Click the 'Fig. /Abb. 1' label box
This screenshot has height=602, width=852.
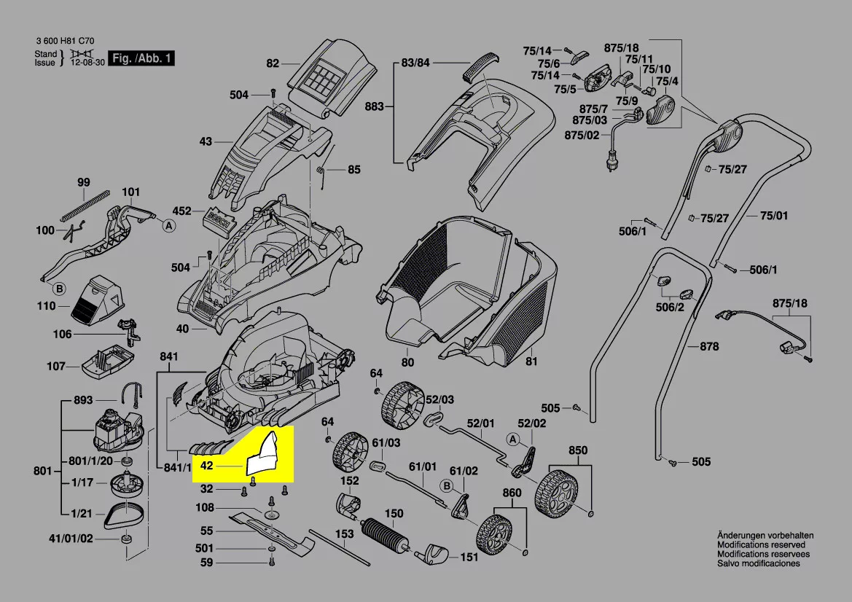141,58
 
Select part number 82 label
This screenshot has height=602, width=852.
273,63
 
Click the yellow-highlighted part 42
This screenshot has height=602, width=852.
265,456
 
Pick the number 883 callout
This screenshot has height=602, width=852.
374,106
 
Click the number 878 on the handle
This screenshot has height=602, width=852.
709,347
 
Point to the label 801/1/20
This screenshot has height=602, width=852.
90,461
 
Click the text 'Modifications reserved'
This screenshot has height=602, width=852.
761,544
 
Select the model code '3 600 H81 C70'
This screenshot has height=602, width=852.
64,42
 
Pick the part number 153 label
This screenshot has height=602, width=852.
344,534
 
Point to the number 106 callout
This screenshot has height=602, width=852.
63,335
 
